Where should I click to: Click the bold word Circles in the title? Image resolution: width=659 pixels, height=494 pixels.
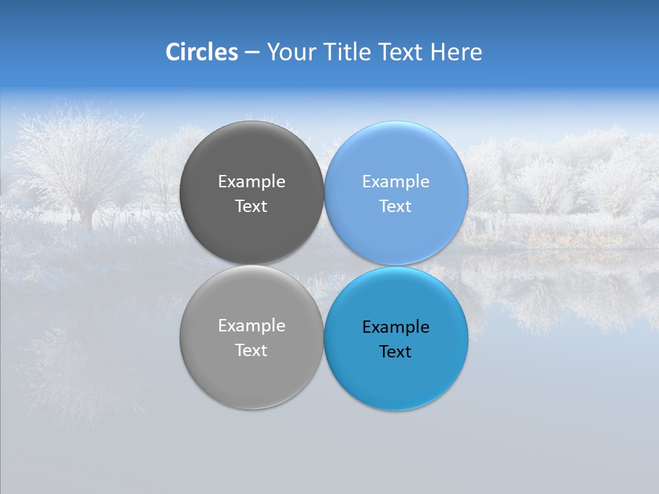202,52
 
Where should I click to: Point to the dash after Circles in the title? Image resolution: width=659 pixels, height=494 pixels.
252,53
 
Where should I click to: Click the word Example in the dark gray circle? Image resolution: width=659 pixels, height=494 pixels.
251,181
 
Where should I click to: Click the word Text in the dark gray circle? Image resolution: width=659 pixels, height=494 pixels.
251,206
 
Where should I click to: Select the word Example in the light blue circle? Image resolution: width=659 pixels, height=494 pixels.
395,181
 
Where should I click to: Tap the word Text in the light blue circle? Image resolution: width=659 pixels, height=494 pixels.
395,206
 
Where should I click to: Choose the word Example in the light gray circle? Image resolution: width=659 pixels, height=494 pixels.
251,325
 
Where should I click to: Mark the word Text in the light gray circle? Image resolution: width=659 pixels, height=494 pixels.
251,350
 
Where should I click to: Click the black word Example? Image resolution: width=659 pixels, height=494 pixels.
395,327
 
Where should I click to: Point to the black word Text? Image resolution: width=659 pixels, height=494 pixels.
395,351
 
